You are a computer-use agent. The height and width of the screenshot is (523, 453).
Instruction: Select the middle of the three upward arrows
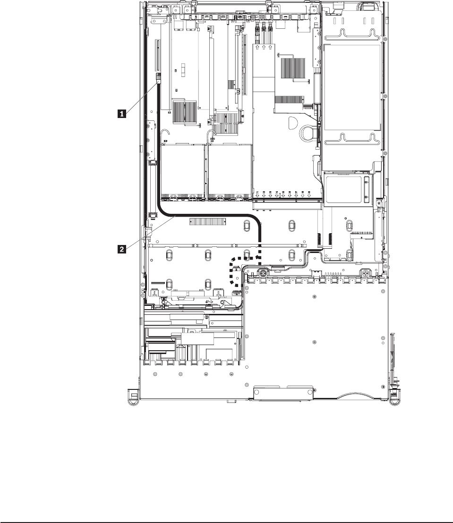click(x=264, y=48)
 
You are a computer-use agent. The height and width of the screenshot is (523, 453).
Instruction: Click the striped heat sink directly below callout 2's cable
click(x=205, y=222)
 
